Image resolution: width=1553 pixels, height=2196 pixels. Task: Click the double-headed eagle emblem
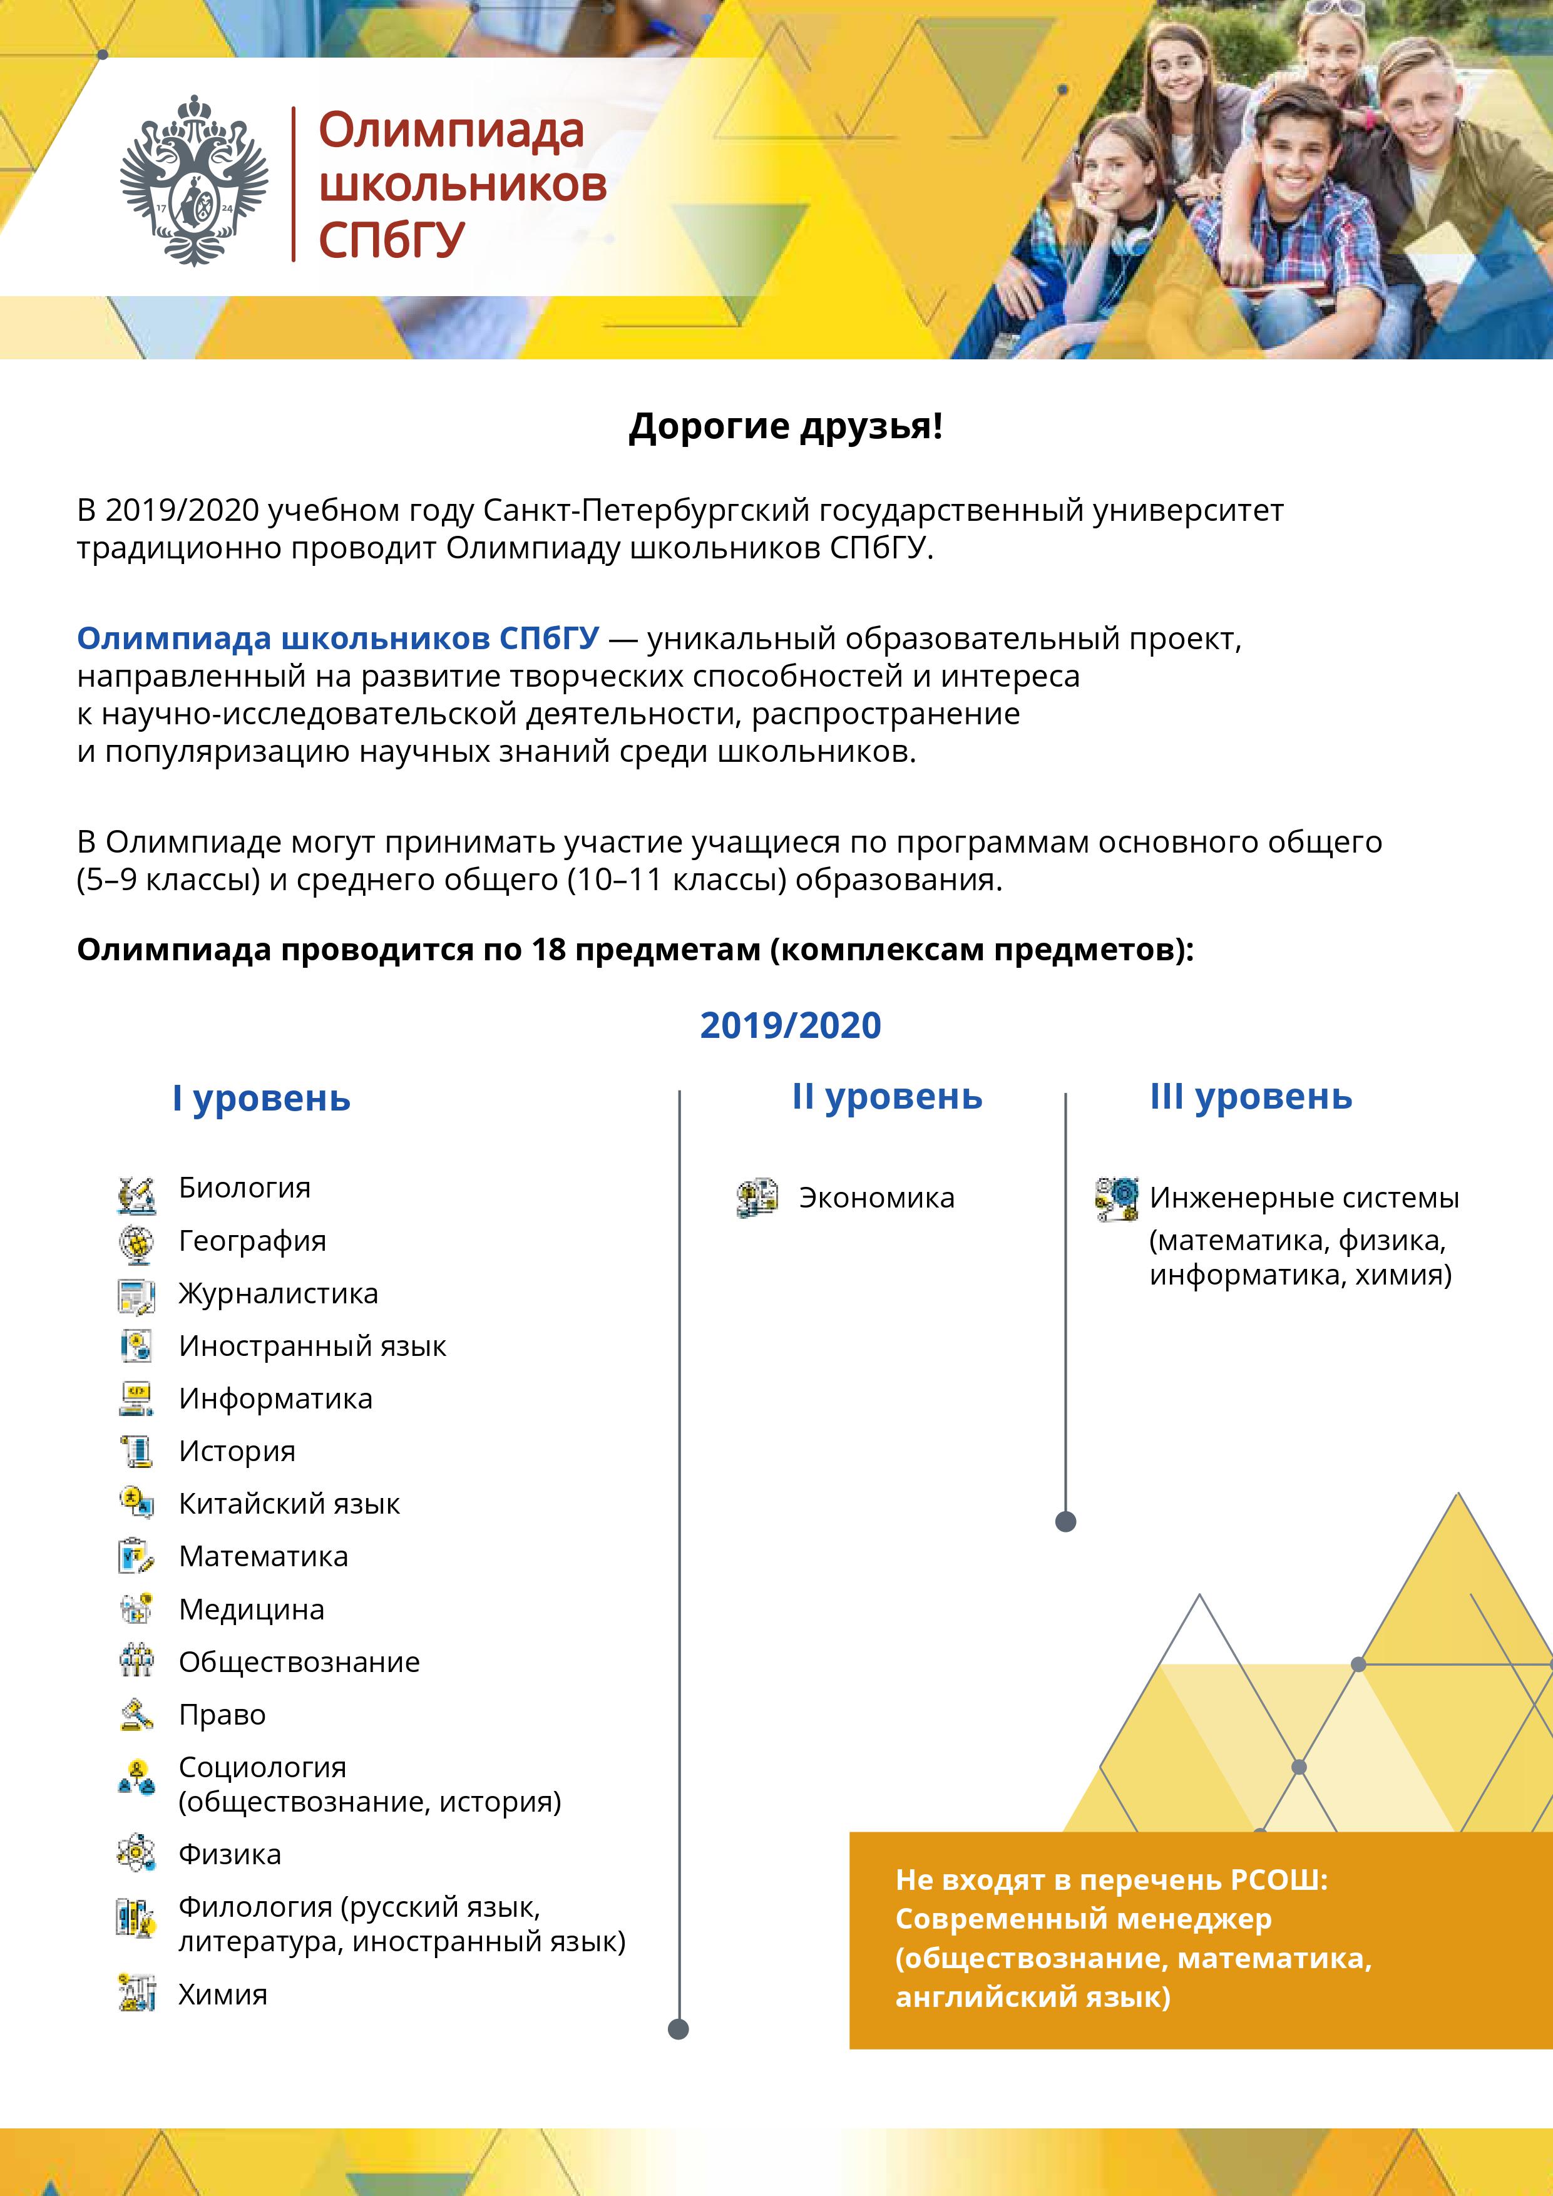coord(194,181)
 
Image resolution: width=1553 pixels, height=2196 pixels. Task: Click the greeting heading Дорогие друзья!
coord(785,426)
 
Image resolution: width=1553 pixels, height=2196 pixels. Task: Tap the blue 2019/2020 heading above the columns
coord(790,1025)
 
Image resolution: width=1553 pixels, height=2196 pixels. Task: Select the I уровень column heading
coord(261,1099)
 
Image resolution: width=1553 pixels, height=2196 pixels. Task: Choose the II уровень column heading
coord(886,1097)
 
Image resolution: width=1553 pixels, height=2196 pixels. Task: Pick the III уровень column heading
coord(1251,1097)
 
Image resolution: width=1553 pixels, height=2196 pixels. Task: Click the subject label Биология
coord(245,1188)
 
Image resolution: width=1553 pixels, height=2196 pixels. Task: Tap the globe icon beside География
coord(136,1243)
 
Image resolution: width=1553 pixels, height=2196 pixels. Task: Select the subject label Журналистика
coord(279,1294)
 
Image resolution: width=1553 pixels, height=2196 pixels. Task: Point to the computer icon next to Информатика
coord(136,1399)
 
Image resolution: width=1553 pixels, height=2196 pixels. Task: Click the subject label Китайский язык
coord(289,1504)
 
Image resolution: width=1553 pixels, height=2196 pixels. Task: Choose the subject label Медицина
coord(252,1609)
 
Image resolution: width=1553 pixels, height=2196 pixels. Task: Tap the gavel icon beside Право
coord(136,1715)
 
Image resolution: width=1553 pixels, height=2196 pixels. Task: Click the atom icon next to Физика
coord(136,1854)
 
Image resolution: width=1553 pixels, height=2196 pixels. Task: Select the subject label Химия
coord(223,1995)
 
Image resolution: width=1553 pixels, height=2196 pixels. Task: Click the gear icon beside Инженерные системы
coord(1117,1198)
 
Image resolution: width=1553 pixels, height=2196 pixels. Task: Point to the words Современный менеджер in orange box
coord(1084,1919)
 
